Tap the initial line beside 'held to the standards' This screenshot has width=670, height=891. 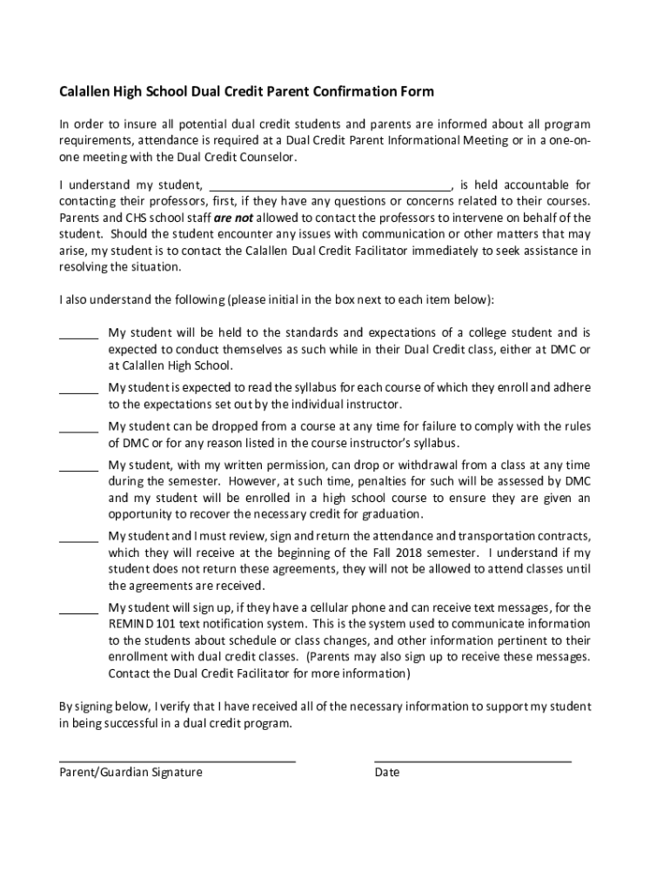(78, 338)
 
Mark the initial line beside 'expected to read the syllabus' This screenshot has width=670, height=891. (78, 392)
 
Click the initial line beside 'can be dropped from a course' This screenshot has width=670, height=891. (78, 431)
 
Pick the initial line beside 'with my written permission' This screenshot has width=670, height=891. (78, 470)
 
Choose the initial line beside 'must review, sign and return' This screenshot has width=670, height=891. (78, 540)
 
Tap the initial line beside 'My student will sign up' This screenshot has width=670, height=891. (78, 612)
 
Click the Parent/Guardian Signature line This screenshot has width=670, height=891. (177, 760)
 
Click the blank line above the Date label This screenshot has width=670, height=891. (472, 760)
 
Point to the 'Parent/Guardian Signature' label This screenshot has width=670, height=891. (131, 772)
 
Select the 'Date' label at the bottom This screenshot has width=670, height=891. (387, 772)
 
